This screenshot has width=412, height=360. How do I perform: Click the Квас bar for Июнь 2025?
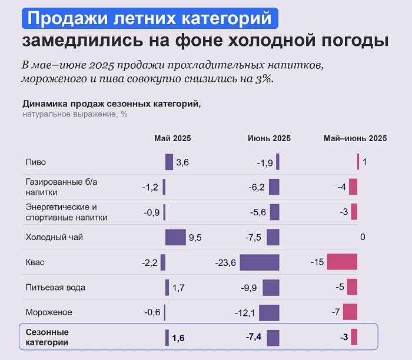tap(260, 262)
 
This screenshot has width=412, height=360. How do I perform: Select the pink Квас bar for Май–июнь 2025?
tap(342, 262)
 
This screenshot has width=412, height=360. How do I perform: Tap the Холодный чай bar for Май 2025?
tap(175, 238)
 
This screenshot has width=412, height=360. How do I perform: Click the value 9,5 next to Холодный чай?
tap(195, 238)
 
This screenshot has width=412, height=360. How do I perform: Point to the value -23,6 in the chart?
tap(226, 263)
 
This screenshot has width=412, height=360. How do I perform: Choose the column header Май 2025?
tap(172, 138)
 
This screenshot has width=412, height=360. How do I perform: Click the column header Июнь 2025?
tap(269, 138)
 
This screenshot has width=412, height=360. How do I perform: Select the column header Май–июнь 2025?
tap(355, 138)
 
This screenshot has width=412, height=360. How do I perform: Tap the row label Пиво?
tap(36, 162)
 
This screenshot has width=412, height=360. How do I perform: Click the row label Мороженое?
tap(49, 312)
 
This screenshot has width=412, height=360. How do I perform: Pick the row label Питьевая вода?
tap(55, 287)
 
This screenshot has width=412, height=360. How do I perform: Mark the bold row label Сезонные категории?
tap(47, 337)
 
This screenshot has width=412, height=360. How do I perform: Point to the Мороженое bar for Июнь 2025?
tap(269, 312)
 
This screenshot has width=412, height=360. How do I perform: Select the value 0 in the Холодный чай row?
tap(363, 237)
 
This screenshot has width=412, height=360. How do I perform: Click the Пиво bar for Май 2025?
tap(169, 162)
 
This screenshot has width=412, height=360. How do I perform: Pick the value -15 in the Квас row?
tap(317, 262)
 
